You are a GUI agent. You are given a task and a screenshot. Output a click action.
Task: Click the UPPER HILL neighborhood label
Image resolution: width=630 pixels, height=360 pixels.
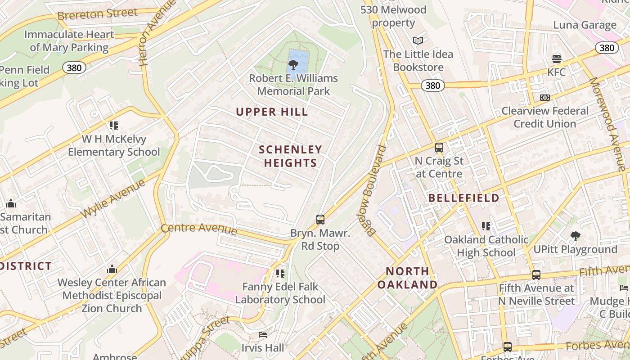point(272,112)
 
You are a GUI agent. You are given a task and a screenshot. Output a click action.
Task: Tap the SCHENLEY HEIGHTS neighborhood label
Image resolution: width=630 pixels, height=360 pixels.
point(291,156)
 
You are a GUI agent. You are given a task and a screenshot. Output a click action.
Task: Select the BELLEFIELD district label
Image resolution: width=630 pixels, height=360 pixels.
point(463,198)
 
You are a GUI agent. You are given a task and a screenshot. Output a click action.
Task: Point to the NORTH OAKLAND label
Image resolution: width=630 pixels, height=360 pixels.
point(407,278)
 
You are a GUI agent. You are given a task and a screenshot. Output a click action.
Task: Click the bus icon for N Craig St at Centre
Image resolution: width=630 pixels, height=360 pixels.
point(439,147)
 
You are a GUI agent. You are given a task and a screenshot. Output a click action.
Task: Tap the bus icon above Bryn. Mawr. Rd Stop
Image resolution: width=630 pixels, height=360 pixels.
point(320,220)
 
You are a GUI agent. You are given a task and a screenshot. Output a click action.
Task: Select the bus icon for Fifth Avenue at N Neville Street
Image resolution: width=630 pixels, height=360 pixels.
point(536,274)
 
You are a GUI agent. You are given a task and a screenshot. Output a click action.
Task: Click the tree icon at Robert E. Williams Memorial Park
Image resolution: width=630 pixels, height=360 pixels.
point(293,65)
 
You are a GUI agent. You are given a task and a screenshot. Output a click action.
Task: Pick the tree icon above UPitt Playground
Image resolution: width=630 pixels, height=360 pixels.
point(575,236)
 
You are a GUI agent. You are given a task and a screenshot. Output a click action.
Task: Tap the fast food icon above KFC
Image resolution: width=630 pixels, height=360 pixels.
point(557,59)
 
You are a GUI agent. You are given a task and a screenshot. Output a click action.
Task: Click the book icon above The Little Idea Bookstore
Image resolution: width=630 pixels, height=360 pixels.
point(418,41)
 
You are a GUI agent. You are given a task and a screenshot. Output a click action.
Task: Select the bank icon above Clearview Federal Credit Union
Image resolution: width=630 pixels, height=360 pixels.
point(544,98)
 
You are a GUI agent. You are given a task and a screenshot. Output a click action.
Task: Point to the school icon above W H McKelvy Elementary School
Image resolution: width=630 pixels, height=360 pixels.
point(113,126)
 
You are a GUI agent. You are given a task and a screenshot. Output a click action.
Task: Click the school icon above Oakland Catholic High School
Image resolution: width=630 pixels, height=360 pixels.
point(486,226)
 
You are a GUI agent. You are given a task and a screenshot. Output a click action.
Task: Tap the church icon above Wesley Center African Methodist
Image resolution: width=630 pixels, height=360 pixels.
point(112,270)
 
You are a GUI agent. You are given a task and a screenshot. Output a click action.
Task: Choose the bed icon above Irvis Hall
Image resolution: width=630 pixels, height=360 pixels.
point(263,335)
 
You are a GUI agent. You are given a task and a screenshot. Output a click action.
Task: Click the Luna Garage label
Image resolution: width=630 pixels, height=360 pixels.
point(585,25)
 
